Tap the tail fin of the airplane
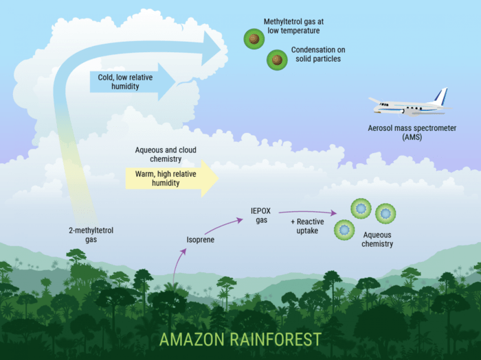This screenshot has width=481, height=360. (440, 97)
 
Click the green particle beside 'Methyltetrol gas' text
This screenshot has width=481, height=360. (254, 38)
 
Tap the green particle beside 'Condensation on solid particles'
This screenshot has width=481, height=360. (277, 60)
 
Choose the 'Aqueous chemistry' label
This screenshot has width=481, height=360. (377, 239)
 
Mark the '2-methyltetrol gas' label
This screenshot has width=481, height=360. (91, 235)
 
